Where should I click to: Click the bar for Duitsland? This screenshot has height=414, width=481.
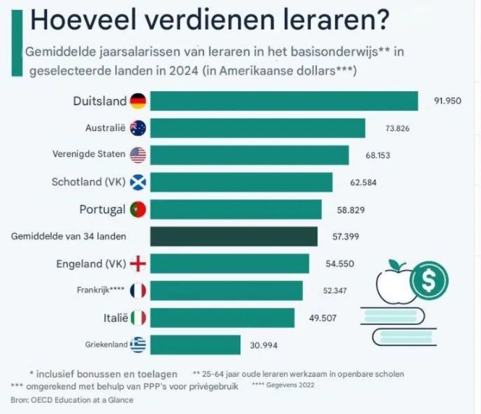284,101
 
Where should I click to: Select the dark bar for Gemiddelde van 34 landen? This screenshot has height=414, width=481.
234,236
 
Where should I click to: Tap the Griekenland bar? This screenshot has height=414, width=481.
195,345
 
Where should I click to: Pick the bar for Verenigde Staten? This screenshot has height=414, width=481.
249,156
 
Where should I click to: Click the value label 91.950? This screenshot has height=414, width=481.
447,101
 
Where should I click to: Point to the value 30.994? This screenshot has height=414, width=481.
264,345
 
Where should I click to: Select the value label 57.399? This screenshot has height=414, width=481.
344,236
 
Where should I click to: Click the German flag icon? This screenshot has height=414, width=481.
138,101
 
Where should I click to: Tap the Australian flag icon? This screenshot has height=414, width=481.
138,128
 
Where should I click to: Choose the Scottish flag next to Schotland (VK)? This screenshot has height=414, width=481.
138,182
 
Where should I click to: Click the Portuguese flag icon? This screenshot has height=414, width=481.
138,210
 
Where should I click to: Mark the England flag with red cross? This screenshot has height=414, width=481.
138,264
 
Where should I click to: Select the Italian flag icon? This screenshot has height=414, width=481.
138,318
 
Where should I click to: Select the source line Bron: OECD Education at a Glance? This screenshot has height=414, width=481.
72,400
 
